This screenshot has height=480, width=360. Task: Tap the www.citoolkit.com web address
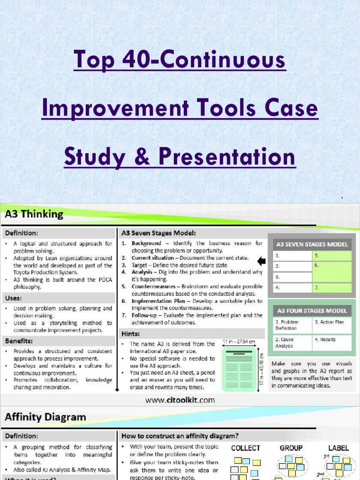[180, 400]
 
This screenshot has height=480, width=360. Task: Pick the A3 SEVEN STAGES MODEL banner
[312, 244]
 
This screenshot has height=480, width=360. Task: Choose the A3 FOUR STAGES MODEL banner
[312, 311]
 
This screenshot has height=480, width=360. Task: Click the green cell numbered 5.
[331, 256]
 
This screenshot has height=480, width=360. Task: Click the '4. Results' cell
[331, 342]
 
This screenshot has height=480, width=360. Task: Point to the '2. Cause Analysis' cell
[292, 343]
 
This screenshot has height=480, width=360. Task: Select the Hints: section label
[131, 334]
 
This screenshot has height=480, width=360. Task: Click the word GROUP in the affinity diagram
[291, 448]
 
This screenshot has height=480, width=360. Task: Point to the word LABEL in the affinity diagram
[338, 448]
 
